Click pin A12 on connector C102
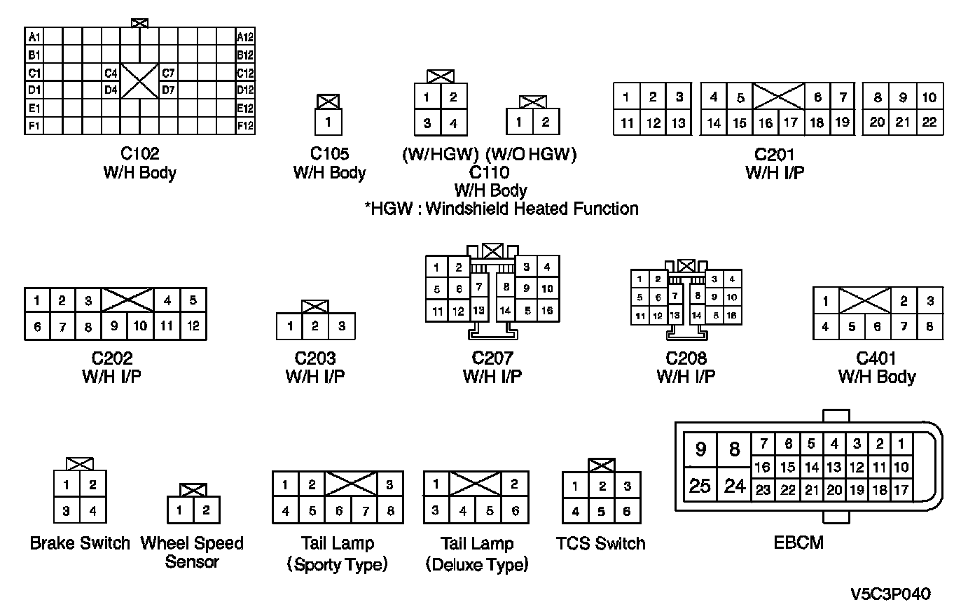point(245,37)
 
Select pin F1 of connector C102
point(34,126)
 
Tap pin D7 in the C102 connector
point(169,90)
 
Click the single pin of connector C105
point(328,123)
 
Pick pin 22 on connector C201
point(929,122)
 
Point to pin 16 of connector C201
point(766,123)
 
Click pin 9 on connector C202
point(114,326)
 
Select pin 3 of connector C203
point(341,326)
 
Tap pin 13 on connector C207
point(478,310)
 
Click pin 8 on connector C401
point(929,326)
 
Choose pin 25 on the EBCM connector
point(700,485)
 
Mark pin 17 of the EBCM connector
point(901,490)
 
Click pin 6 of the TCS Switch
point(627,511)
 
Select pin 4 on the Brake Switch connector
point(92,511)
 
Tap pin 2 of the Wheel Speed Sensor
point(206,510)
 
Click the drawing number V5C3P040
point(891,594)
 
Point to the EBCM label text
point(798,542)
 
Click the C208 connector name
point(686,358)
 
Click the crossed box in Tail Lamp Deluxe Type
point(476,484)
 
